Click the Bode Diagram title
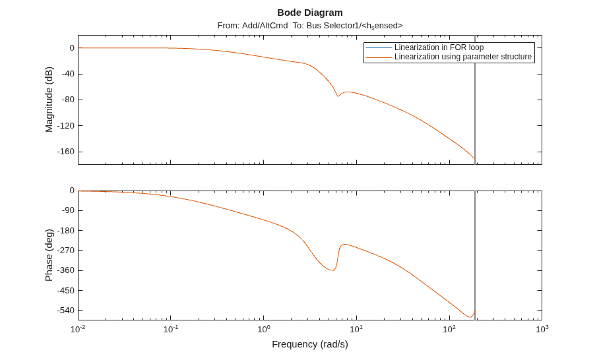pyautogui.click(x=310, y=13)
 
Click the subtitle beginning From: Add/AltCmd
pyautogui.click(x=310, y=26)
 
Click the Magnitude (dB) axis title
pyautogui.click(x=49, y=100)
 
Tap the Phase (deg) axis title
pyautogui.click(x=49, y=255)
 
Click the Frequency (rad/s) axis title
pyautogui.click(x=310, y=344)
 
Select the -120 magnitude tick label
pyautogui.click(x=66, y=125)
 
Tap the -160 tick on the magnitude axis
pyautogui.click(x=66, y=152)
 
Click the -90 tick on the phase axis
pyautogui.click(x=66, y=210)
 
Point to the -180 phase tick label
pyautogui.click(x=66, y=231)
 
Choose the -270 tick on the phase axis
pyautogui.click(x=66, y=251)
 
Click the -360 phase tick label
pyautogui.click(x=66, y=270)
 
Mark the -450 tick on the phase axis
pyautogui.click(x=66, y=291)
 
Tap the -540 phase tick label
pyautogui.click(x=66, y=311)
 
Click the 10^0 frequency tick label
pyautogui.click(x=264, y=329)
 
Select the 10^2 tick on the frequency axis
pyautogui.click(x=449, y=329)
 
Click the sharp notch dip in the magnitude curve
pyautogui.click(x=338, y=96)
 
